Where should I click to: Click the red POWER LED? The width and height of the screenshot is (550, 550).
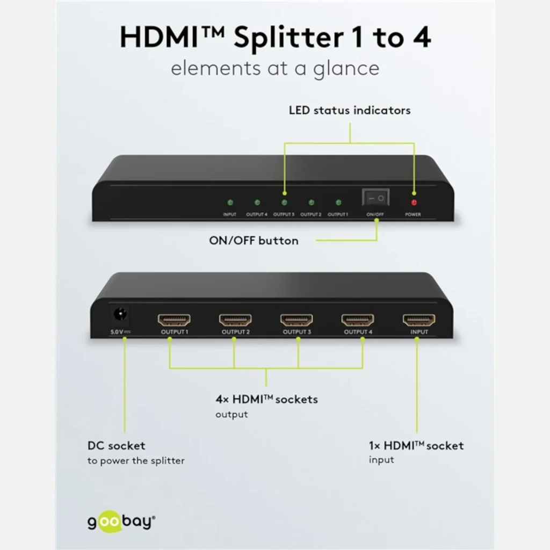(x=414, y=202)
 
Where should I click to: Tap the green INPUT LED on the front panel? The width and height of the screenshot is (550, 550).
(x=230, y=202)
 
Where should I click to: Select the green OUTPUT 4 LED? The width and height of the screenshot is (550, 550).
(x=257, y=202)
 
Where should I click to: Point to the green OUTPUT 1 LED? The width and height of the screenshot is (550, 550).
(x=338, y=202)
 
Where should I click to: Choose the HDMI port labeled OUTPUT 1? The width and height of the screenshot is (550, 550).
(x=175, y=320)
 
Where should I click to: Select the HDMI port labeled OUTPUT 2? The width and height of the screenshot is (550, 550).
(x=235, y=320)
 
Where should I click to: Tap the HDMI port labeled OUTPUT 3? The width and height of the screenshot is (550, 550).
(x=296, y=320)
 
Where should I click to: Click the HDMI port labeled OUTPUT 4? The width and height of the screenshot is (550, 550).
(x=358, y=320)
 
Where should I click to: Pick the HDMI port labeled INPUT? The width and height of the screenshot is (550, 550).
(x=419, y=320)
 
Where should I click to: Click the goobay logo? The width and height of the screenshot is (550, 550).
(x=121, y=522)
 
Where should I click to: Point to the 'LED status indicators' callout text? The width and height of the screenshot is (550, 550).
(x=350, y=111)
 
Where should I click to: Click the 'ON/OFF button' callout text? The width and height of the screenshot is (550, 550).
(x=254, y=241)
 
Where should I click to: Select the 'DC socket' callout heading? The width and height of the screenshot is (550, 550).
(x=116, y=446)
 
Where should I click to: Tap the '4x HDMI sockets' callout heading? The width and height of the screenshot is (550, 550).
(x=266, y=399)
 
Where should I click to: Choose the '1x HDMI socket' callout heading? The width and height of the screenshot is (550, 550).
(x=416, y=445)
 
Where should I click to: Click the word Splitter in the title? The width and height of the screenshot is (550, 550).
(x=288, y=38)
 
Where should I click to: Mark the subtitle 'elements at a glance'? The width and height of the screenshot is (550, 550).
(x=275, y=68)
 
